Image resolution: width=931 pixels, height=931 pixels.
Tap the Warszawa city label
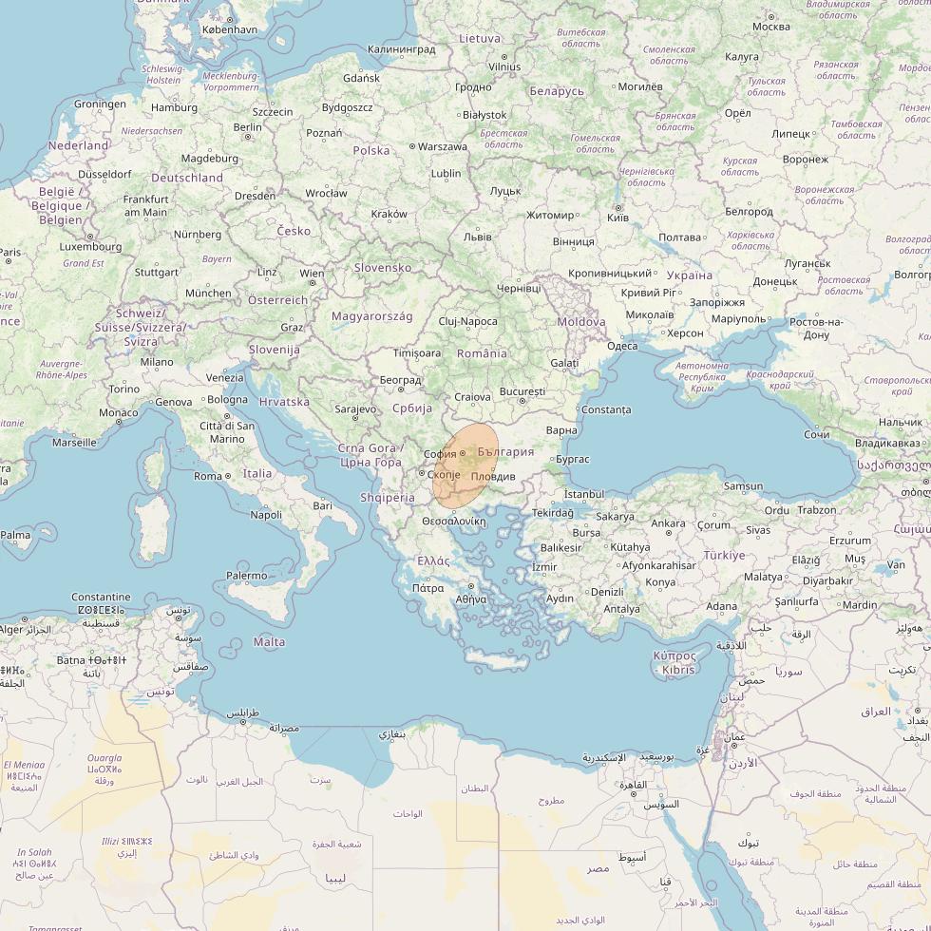(443, 147)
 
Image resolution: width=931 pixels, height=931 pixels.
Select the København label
(229, 29)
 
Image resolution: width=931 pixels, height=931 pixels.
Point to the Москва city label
(770, 27)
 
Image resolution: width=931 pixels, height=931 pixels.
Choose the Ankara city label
(668, 523)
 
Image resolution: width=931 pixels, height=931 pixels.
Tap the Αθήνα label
(471, 599)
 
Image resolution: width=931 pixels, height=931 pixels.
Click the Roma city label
(207, 476)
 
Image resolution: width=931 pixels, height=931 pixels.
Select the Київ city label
(617, 218)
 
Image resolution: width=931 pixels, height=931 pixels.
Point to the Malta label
(269, 642)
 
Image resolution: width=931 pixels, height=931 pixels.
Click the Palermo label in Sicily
(246, 576)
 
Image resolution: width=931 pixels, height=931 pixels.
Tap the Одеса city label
(622, 346)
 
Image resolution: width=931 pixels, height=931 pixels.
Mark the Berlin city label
(247, 127)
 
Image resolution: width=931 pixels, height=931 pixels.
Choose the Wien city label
(313, 273)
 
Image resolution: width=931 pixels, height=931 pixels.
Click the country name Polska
(371, 150)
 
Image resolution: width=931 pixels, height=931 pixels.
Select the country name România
(482, 353)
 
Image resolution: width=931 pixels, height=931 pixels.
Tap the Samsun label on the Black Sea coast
(743, 486)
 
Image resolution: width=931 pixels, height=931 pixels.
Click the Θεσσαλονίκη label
(454, 522)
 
